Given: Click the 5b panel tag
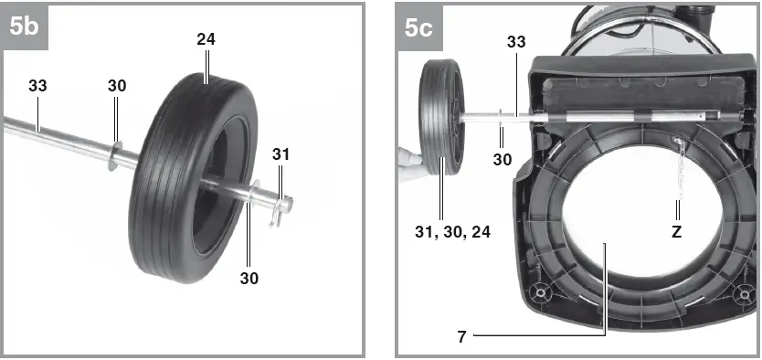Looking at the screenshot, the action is pyautogui.click(x=26, y=26).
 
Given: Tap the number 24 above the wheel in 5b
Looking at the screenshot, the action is pyautogui.click(x=206, y=39).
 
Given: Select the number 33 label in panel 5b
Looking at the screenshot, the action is pyautogui.click(x=37, y=86).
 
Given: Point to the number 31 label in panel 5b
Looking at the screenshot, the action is pyautogui.click(x=280, y=154).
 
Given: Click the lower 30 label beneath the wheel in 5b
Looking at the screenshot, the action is pyautogui.click(x=249, y=279).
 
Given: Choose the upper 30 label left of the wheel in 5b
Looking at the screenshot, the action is pyautogui.click(x=117, y=86).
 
